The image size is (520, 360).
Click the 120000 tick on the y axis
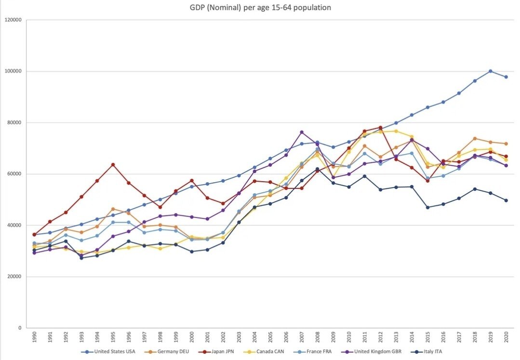[x=13, y=20]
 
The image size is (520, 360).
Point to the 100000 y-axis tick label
[x=13, y=71]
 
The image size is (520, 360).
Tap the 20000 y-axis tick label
[x=14, y=277]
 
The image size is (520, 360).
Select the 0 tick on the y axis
[x=20, y=328]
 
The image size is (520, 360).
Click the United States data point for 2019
[x=490, y=71]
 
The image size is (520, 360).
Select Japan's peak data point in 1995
[x=113, y=164]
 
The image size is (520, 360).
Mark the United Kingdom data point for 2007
[x=302, y=132]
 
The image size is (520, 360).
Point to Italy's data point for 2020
[x=506, y=200]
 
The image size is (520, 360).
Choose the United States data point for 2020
[x=506, y=77]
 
